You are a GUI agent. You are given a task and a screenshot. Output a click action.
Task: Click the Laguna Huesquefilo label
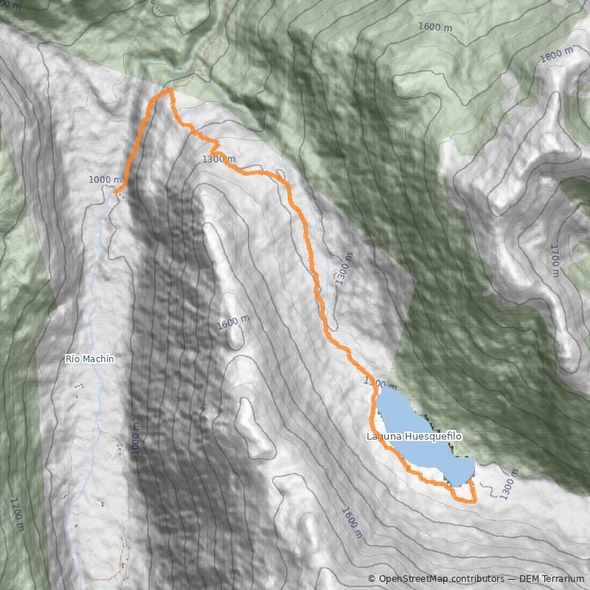tap(414, 437)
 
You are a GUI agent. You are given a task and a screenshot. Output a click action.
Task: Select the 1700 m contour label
tap(555, 260)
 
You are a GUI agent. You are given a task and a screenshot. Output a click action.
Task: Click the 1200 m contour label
tap(16, 514)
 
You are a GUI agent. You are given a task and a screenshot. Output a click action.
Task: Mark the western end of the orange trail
tap(116, 191)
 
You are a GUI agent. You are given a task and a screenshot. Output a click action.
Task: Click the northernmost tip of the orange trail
tap(171, 89)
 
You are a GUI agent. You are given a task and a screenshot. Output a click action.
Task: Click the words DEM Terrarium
tap(552, 579)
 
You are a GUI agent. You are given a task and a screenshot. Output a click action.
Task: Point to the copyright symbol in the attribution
tap(372, 579)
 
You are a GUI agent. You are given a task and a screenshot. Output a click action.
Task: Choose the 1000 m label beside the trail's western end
tap(105, 180)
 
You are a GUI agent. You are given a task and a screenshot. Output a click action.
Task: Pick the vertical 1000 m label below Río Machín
tap(135, 440)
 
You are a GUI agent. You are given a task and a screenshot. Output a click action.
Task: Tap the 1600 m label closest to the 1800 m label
tap(435, 27)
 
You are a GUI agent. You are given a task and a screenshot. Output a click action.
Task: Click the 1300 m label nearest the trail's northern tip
tap(218, 159)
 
